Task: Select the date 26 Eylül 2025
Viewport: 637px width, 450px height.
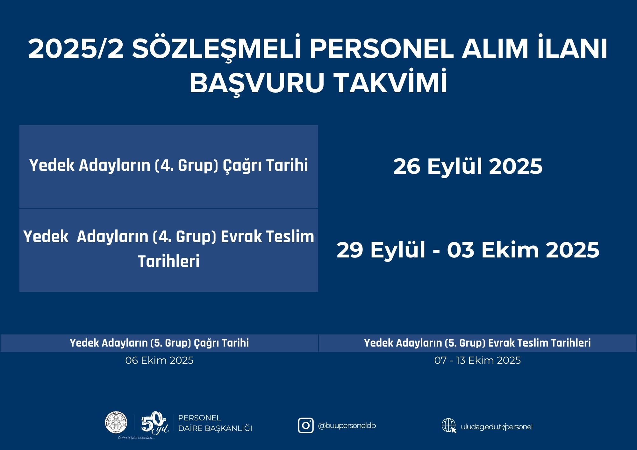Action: (x=468, y=166)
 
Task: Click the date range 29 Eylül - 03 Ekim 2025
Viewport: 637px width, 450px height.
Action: (x=468, y=250)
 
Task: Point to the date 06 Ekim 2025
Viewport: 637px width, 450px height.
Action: (x=159, y=360)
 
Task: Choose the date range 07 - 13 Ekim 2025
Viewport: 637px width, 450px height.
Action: (x=477, y=360)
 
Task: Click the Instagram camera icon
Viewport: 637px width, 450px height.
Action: (x=306, y=425)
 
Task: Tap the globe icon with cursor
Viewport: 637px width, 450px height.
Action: (x=449, y=425)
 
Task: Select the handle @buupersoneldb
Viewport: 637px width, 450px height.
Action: (x=347, y=425)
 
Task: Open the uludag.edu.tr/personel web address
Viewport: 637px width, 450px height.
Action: (x=497, y=427)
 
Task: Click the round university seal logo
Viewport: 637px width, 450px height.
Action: (x=116, y=422)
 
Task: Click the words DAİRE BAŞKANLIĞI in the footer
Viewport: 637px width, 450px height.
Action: (x=215, y=428)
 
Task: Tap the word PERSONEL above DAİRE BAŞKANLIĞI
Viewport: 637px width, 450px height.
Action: (x=199, y=418)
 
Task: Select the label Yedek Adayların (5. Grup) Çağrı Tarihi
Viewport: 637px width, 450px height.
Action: (x=159, y=343)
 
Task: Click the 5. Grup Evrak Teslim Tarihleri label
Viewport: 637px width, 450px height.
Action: (x=477, y=343)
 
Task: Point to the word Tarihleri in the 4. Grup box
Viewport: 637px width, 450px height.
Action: (x=168, y=261)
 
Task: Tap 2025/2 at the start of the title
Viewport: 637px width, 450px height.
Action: (x=76, y=49)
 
